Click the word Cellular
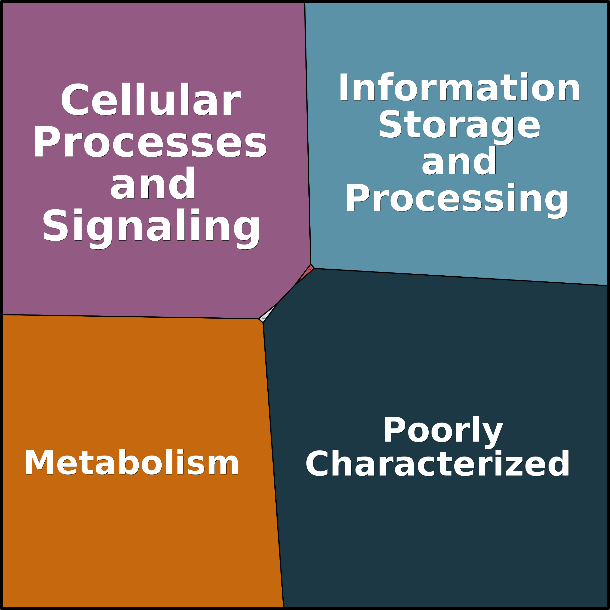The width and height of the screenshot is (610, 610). [x=150, y=100]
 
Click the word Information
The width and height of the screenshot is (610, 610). [x=459, y=87]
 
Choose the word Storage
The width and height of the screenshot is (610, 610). [x=459, y=125]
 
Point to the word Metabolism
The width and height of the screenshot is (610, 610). [x=132, y=463]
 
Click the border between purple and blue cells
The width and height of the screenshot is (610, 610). [x=307, y=133]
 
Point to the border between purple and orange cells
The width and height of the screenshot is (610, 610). [x=129, y=317]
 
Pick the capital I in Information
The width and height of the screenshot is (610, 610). [x=344, y=87]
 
